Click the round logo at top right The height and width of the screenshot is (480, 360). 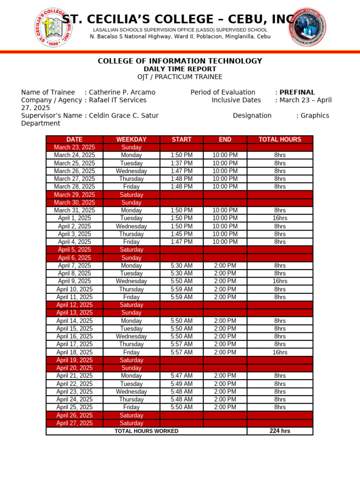tap(306, 27)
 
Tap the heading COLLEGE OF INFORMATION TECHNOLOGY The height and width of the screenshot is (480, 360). tap(180, 61)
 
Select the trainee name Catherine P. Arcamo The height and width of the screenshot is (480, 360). tap(122, 92)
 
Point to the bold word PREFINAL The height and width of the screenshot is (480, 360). tap(297, 92)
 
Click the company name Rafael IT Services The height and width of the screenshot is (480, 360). tap(118, 100)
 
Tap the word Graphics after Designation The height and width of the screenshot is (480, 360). tap(315, 115)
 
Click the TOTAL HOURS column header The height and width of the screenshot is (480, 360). tap(280, 140)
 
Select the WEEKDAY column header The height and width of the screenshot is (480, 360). tap(131, 140)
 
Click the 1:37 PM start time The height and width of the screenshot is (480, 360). tap(181, 163)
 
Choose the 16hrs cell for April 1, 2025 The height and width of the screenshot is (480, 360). tap(280, 218)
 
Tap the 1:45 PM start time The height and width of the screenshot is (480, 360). tap(181, 234)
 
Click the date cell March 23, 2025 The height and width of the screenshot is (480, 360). tap(75, 147)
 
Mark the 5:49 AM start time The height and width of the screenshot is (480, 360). tap(181, 384)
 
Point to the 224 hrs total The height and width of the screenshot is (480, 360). tap(280, 431)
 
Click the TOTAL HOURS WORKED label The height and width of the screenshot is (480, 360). tap(146, 431)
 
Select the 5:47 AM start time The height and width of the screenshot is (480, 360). tap(181, 376)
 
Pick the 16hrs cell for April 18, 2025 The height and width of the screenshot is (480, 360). tap(280, 352)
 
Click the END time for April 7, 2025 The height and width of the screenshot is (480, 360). tap(225, 266)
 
